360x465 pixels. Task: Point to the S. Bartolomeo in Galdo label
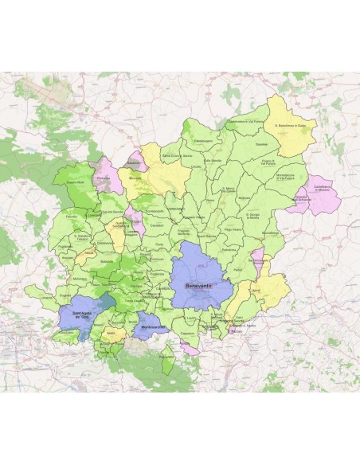click(x=291, y=125)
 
